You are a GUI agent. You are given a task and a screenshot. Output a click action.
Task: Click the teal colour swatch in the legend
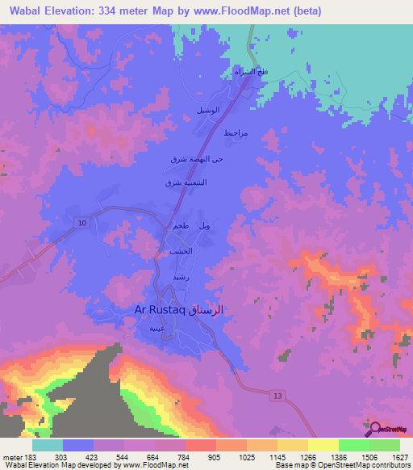coord(48,445)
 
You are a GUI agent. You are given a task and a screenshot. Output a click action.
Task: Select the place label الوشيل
coord(206,109)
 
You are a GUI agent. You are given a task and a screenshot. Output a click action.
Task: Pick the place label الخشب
coord(179,253)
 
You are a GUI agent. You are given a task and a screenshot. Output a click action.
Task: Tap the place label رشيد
coord(180,277)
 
